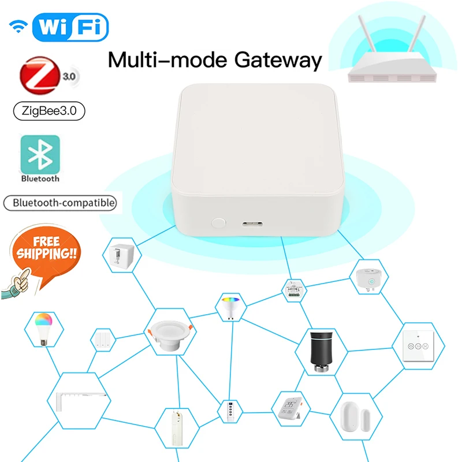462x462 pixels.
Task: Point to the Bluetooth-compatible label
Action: coord(60,203)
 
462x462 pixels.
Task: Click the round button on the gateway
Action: coord(218,221)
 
